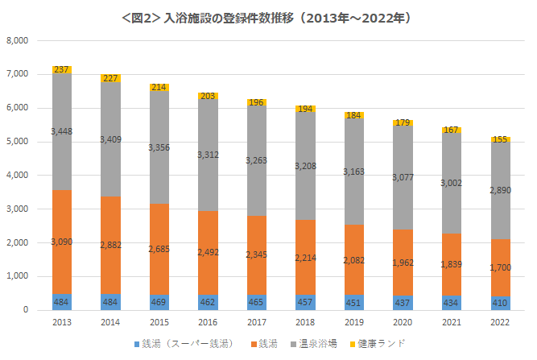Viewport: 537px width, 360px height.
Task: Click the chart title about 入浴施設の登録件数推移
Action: click(x=269, y=16)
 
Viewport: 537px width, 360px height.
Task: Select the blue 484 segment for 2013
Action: click(x=62, y=301)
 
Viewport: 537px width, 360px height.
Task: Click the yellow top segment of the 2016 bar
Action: click(x=208, y=96)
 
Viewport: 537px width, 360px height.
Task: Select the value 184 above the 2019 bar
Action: click(x=353, y=116)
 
